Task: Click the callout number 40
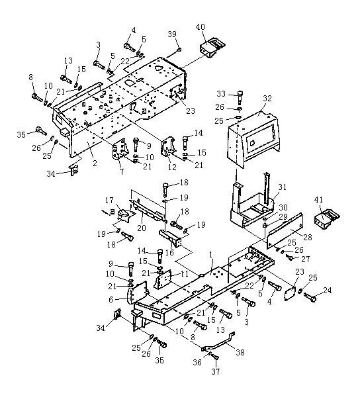[x=201, y=27]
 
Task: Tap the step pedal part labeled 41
[x=327, y=218]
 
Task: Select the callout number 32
[x=267, y=99]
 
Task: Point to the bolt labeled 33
[x=240, y=97]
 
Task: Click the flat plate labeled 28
[x=285, y=231]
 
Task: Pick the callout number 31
[x=282, y=187]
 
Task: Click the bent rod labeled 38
[x=218, y=342]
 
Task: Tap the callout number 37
[x=216, y=371]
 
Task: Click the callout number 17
[x=109, y=201]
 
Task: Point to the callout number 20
[x=142, y=228]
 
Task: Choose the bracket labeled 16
[x=170, y=238]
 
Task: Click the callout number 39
[x=172, y=34]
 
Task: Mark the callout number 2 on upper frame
[x=95, y=163]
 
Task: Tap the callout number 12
[x=172, y=167]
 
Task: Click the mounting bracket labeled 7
[x=120, y=152]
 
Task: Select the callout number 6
[x=111, y=299]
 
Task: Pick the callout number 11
[x=185, y=274]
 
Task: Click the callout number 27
[x=306, y=259]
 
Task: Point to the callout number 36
[x=197, y=362]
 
